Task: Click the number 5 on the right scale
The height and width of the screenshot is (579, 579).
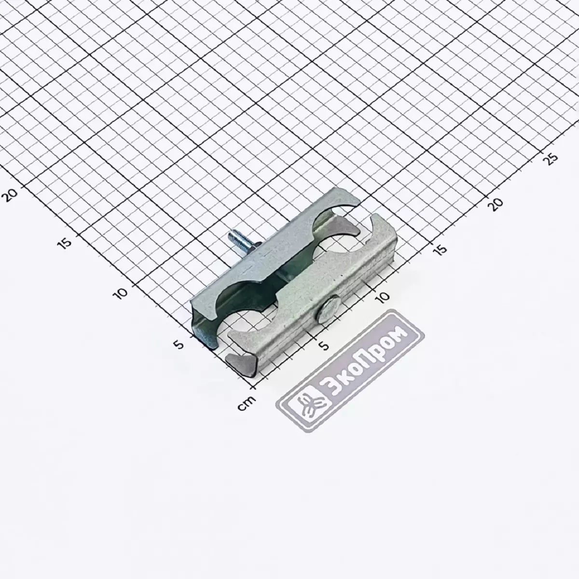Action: (x=324, y=345)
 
